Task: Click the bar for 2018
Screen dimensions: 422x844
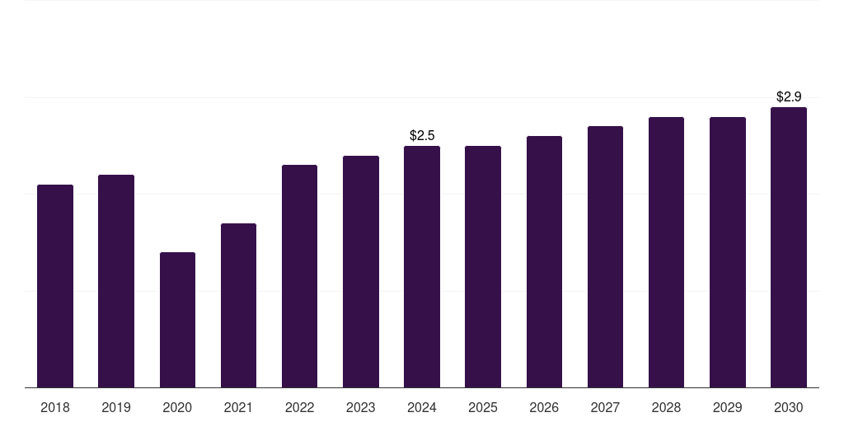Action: (x=55, y=286)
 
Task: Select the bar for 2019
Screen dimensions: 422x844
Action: (x=116, y=281)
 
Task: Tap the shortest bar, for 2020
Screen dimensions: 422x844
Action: (x=177, y=320)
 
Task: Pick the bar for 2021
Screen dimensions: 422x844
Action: (x=238, y=305)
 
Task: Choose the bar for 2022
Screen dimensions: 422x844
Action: (x=299, y=276)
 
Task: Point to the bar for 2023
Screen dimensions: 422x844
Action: (x=361, y=271)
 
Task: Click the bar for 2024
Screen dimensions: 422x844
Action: (x=422, y=266)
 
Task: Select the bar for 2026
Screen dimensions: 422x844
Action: (x=544, y=261)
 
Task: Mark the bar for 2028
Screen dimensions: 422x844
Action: (x=666, y=252)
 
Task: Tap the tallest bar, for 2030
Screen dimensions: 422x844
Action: (x=789, y=247)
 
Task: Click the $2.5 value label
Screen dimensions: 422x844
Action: (x=422, y=135)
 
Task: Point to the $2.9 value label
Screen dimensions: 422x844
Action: (x=789, y=96)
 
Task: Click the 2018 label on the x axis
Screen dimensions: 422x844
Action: (x=55, y=407)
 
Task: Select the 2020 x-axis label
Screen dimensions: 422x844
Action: (x=177, y=407)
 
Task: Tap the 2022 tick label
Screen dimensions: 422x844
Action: (x=299, y=407)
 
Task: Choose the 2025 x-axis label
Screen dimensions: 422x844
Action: (x=483, y=407)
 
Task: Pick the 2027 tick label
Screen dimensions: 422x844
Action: (x=605, y=407)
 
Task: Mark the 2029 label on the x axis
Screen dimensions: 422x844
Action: (x=728, y=407)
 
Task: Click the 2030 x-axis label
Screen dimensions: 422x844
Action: (x=789, y=407)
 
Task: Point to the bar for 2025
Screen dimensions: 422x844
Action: (x=483, y=266)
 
